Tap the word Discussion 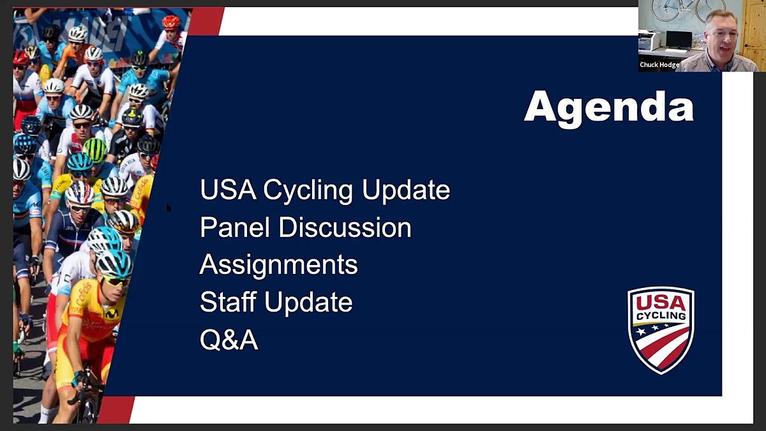pos(345,227)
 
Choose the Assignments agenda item pos(278,265)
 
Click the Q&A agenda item pos(229,340)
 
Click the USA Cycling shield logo pos(661,329)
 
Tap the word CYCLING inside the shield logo pos(661,316)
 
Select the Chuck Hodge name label pos(659,64)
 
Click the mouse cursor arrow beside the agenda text pos(169,208)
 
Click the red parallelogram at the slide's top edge pos(205,21)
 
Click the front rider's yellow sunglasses pos(117,280)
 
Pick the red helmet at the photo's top pos(170,22)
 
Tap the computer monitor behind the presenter pos(677,40)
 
